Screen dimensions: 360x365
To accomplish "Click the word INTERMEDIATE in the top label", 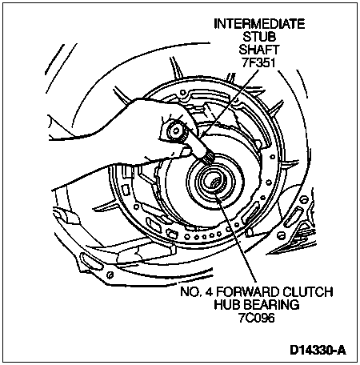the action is [x=259, y=24].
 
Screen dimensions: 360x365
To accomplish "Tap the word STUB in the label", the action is [x=259, y=37].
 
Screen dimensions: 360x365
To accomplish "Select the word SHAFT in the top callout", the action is [x=259, y=50].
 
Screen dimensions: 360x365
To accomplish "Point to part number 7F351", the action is [x=259, y=62].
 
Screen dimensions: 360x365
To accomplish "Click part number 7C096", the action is [x=257, y=318].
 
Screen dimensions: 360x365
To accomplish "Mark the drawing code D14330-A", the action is [x=318, y=350].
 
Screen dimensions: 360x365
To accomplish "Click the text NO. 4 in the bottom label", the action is [x=195, y=291].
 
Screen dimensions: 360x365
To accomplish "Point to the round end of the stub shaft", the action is [x=176, y=130].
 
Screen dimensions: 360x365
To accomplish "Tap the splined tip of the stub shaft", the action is [x=209, y=159].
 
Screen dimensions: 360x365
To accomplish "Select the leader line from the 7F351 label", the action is [x=230, y=102].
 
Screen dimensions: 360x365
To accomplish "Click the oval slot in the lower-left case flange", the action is [x=91, y=261].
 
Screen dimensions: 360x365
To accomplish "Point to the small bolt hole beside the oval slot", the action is [x=110, y=275].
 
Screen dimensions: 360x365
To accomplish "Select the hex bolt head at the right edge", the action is [x=303, y=199].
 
